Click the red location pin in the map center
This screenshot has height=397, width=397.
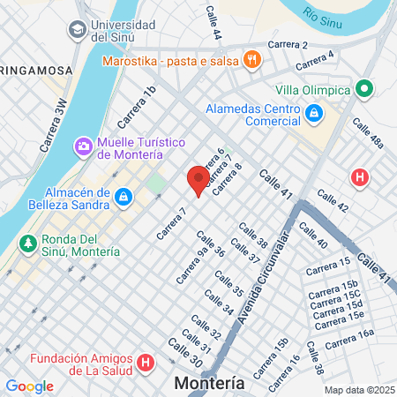click(198, 179)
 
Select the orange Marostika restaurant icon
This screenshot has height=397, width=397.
click(252, 61)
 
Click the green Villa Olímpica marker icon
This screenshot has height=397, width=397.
click(363, 88)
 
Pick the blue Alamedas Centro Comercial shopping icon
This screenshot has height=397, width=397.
click(314, 113)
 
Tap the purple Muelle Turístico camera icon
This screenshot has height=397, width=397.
click(83, 145)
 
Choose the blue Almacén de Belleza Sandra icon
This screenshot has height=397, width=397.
click(124, 194)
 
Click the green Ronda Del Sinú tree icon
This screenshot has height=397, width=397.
click(28, 243)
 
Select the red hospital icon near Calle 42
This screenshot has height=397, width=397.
click(360, 176)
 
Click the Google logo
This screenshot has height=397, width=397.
click(29, 386)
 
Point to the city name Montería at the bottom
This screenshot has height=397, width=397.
click(210, 384)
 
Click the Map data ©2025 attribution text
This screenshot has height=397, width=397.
click(359, 390)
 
